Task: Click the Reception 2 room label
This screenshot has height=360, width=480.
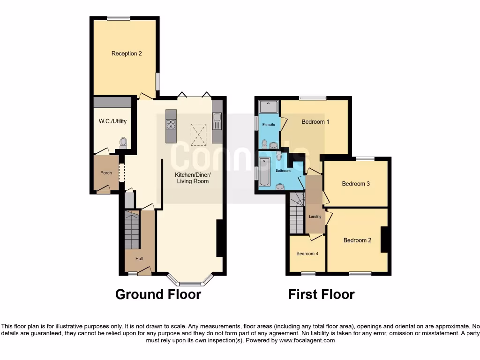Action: coord(127,53)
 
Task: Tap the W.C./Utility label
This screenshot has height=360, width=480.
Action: coord(112,121)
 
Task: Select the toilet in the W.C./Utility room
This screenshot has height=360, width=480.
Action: coord(123,142)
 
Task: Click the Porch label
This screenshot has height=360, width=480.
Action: coord(106,173)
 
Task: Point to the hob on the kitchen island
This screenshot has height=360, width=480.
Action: coord(171,124)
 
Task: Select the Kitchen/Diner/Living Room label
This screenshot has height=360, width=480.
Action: coord(192,178)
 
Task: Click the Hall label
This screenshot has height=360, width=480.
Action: coord(139,258)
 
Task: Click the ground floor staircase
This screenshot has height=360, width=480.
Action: coord(132,230)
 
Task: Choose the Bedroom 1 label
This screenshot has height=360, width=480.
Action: coord(315,122)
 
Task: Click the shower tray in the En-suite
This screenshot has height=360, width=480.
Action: coord(269,107)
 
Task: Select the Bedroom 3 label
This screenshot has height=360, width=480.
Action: coord(356,184)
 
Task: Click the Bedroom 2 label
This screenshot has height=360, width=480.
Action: coord(357,240)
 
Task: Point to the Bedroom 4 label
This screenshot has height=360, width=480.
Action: coord(307,254)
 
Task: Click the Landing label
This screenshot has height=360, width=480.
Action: coord(315,217)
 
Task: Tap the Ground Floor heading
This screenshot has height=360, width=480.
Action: coord(158,294)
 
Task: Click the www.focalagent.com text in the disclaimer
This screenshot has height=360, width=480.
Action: coord(307,340)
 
